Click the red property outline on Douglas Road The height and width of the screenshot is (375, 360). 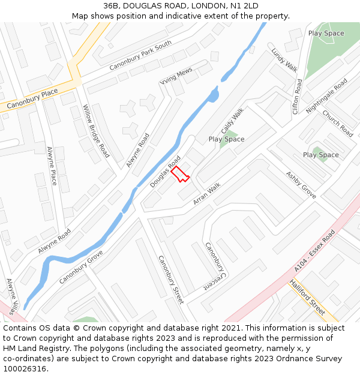(179, 174)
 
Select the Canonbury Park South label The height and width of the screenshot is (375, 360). (140, 55)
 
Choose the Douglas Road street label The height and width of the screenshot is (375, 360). (165, 172)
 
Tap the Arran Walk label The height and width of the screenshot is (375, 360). (206, 194)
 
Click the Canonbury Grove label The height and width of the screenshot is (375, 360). (81, 267)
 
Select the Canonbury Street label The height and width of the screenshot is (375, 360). (170, 280)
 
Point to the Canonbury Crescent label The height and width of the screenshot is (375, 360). (214, 266)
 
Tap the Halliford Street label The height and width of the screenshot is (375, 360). (307, 297)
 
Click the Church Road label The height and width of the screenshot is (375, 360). (338, 123)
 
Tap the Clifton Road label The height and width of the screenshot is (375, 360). (296, 97)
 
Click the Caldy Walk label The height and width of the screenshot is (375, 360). (232, 121)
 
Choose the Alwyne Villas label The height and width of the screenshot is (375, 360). (10, 296)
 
